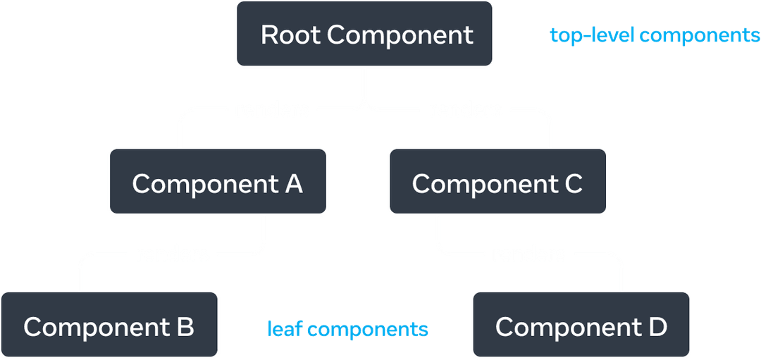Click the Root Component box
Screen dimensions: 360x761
coord(364,35)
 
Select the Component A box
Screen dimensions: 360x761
coord(218,182)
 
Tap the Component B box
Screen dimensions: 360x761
coord(109,326)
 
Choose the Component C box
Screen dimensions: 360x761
coord(497,182)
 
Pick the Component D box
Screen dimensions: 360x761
coord(581,326)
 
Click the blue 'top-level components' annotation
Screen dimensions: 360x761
coord(655,35)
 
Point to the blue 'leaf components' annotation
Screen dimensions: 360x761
coord(347,328)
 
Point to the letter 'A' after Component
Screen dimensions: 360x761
coord(294,183)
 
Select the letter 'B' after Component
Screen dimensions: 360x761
coord(185,327)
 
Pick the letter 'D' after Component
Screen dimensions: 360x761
coord(657,327)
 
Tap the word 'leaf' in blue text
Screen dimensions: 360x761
coord(285,328)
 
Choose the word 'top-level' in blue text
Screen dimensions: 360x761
coord(592,35)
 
